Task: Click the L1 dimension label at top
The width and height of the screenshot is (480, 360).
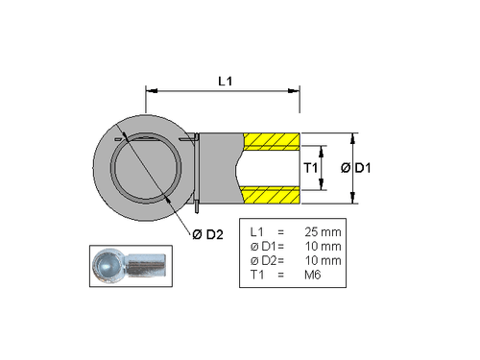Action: (223, 82)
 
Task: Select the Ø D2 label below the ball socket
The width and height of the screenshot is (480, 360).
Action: (206, 234)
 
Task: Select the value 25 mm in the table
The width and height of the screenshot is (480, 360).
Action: (322, 232)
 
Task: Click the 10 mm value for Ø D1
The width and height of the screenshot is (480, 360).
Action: (322, 247)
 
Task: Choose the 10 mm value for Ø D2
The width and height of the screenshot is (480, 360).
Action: (322, 261)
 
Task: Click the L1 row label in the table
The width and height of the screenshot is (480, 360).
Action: (255, 232)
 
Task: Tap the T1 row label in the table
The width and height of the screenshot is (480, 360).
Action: (255, 276)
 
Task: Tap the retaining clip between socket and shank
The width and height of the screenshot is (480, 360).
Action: (196, 171)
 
